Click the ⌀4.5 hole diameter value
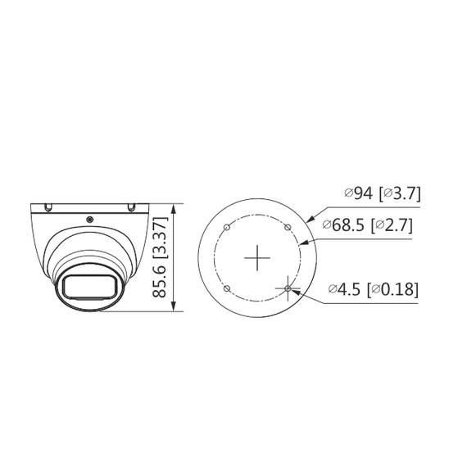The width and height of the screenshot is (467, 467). click(346, 288)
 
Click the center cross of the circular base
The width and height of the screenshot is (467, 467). click(258, 258)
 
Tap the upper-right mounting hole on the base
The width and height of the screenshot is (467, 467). click(288, 228)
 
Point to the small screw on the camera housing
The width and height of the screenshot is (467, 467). click(88, 219)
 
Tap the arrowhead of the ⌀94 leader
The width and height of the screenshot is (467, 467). click(311, 220)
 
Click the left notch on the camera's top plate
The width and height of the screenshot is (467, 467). click(49, 205)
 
